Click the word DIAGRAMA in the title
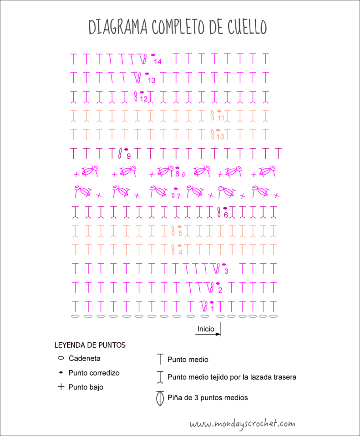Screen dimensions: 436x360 117,27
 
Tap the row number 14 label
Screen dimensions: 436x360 158,61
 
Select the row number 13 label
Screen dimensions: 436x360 152,80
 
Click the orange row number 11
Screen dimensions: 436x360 221,118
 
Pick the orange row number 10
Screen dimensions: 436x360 220,136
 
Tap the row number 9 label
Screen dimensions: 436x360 128,156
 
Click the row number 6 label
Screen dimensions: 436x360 226,215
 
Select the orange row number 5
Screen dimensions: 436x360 180,234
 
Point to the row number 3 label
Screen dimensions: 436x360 226,271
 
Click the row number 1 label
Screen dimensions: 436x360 212,309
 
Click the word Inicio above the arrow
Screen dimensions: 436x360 206,329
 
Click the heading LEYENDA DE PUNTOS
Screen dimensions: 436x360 90,345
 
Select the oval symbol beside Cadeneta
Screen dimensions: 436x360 61,358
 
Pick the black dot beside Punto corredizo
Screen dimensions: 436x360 61,372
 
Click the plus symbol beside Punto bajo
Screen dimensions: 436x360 61,387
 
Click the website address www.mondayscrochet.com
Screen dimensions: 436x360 242,424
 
